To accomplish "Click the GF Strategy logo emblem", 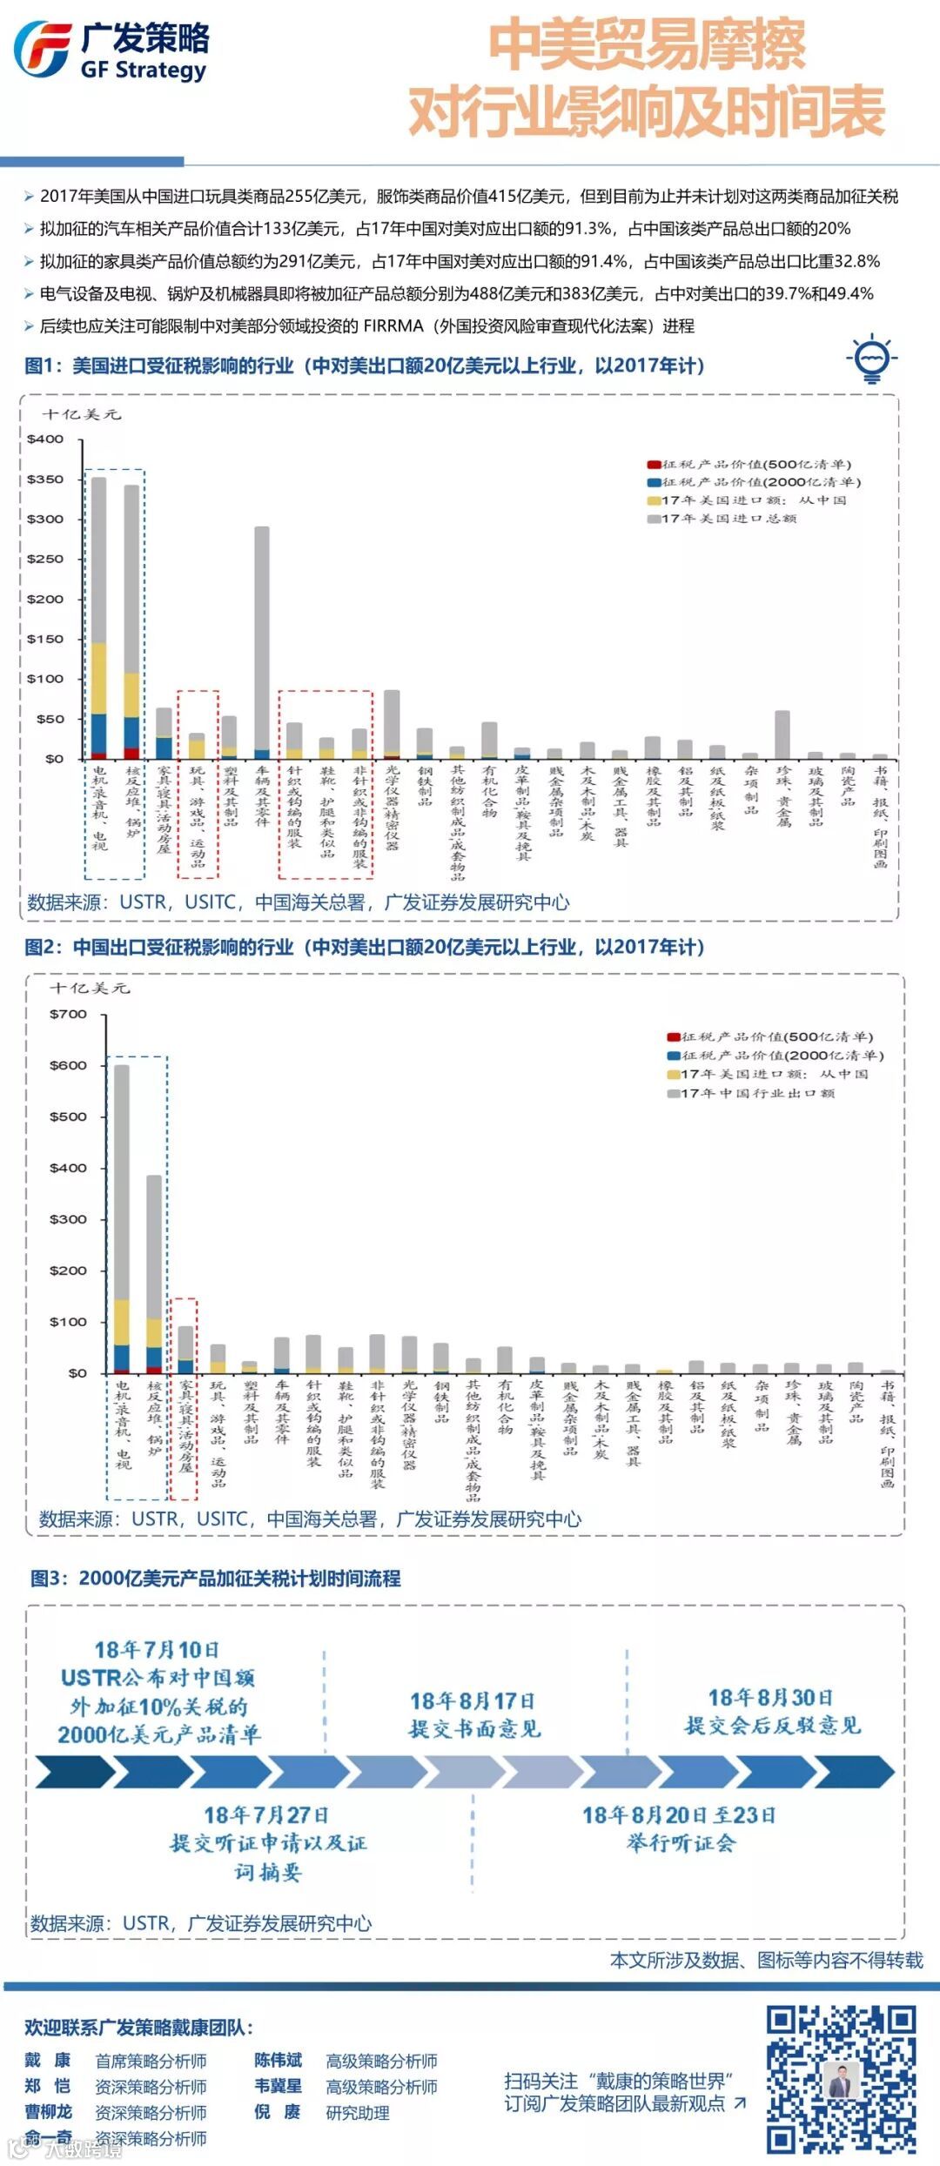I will [x=42, y=50].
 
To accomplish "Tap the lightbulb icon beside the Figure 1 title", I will [x=871, y=358].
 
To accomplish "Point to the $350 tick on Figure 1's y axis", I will [x=45, y=479].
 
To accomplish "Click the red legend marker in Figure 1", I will [x=653, y=465].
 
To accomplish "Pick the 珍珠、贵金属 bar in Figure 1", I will [x=782, y=734].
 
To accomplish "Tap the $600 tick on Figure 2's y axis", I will [x=69, y=1065].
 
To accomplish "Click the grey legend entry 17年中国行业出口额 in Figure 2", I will [x=757, y=1093].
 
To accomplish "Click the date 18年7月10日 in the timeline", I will [x=157, y=1649].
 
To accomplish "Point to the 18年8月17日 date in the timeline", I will [x=473, y=1701].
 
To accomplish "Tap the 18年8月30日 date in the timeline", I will [x=770, y=1698].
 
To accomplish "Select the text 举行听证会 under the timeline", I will [x=681, y=1842].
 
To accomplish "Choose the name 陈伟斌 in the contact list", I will [x=279, y=2061].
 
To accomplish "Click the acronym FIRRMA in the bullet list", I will [x=393, y=325].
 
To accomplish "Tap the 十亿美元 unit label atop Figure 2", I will [x=90, y=988].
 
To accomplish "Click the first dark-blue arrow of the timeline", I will [x=74, y=1772].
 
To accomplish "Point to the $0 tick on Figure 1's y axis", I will [x=54, y=759].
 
